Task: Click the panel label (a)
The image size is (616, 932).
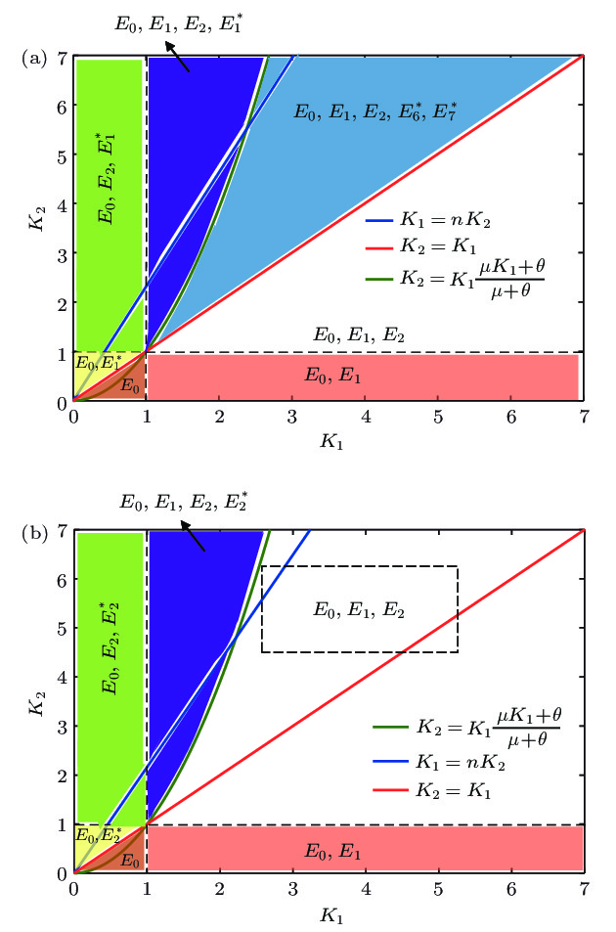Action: coord(33,58)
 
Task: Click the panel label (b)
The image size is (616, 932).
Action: coord(33,533)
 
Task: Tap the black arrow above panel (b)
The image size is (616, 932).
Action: coord(191,536)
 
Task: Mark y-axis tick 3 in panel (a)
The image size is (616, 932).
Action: coord(62,254)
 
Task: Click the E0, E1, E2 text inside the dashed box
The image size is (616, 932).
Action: coord(357,609)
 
